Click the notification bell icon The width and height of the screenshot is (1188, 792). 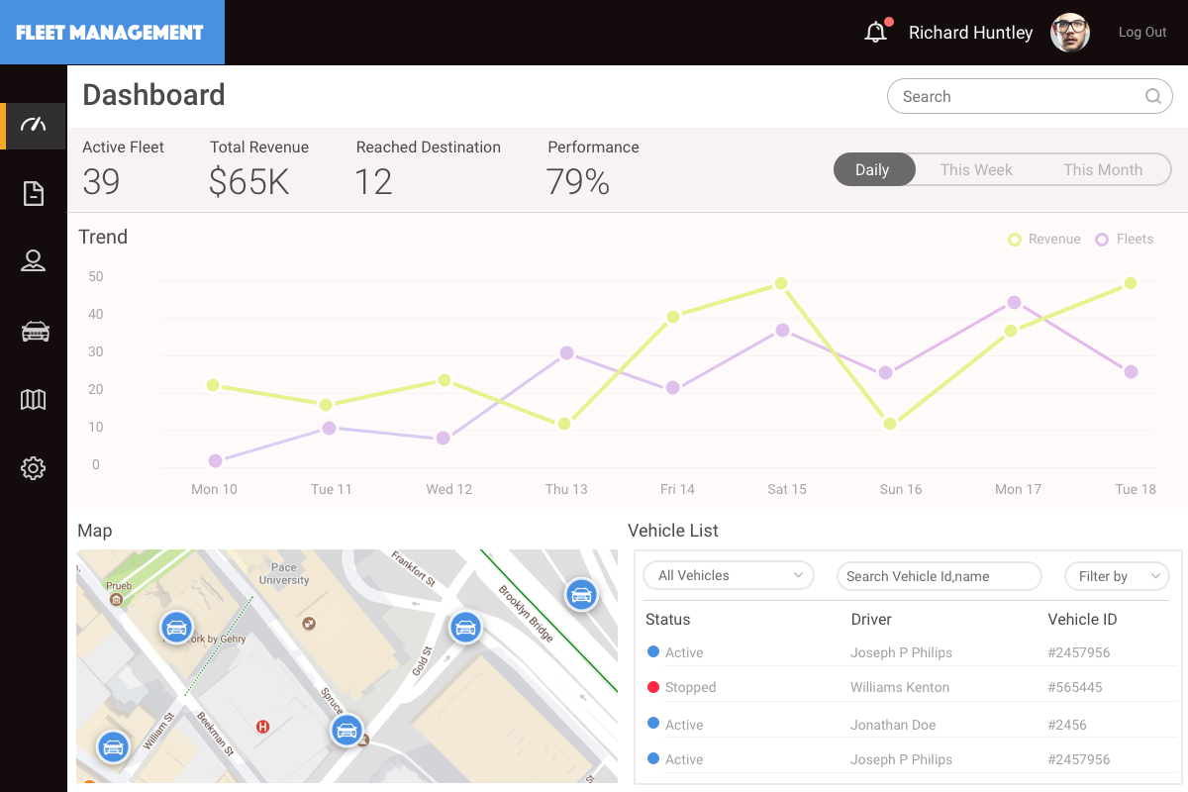pos(875,33)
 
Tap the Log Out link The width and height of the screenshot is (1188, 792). pos(1142,33)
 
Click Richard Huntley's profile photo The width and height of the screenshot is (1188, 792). pos(1070,33)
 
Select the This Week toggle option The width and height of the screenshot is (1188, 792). pos(976,169)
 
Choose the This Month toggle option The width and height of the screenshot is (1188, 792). pos(1103,169)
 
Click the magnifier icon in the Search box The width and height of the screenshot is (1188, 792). pos(1153,96)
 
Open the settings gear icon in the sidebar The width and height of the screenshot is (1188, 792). pos(34,468)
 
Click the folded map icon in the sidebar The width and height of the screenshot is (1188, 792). pos(34,400)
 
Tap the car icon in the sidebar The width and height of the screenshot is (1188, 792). pos(35,332)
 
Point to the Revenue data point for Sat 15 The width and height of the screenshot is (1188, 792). pos(781,283)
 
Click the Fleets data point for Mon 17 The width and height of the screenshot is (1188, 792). pos(1014,303)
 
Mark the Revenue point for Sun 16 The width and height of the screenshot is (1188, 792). pos(890,424)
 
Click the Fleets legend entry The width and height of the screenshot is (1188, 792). pos(1125,240)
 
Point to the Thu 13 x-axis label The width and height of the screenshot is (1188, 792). pos(566,489)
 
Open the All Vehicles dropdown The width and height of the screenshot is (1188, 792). pos(729,575)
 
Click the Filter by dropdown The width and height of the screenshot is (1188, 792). pos(1117,576)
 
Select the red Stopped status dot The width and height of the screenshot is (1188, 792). pos(653,686)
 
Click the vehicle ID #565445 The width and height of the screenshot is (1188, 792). pos(1075,687)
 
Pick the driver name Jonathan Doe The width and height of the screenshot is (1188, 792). pos(893,725)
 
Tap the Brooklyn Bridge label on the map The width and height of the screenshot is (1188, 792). pos(527,614)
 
